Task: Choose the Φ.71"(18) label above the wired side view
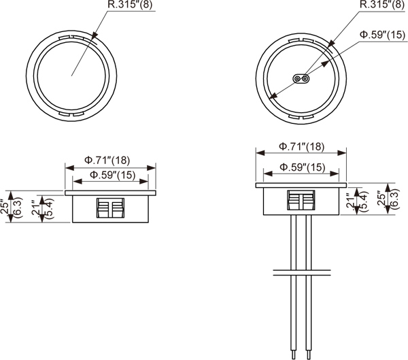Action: click(x=301, y=147)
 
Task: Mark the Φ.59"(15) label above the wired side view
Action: click(x=302, y=167)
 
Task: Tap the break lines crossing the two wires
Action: click(x=302, y=274)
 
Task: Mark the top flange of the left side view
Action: click(x=111, y=193)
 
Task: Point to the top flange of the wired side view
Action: click(x=301, y=185)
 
